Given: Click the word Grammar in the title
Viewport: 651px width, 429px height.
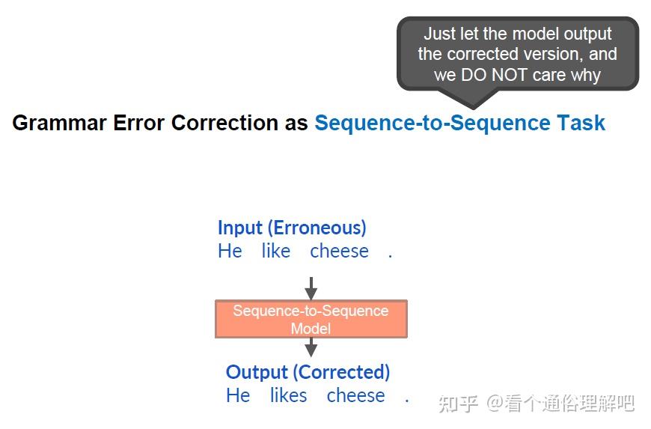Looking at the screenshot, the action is pyautogui.click(x=59, y=124).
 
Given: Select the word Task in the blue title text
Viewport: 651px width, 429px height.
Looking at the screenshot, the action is pyautogui.click(x=581, y=123).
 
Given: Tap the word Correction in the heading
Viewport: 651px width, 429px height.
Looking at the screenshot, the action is pyautogui.click(x=224, y=123).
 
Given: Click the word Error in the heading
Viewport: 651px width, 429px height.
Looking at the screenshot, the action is pyautogui.click(x=139, y=123).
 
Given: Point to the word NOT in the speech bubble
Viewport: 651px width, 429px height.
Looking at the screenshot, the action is pyautogui.click(x=510, y=75).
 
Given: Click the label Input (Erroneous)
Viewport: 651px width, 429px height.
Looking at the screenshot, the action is pyautogui.click(x=292, y=228).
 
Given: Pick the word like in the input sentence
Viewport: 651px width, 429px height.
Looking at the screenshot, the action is pyautogui.click(x=275, y=251).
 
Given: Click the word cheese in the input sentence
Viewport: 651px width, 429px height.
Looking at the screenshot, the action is pyautogui.click(x=339, y=252).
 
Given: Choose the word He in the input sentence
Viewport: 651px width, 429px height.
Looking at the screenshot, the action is pyautogui.click(x=230, y=251).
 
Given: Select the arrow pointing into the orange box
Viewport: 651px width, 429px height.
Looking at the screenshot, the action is pyautogui.click(x=311, y=288).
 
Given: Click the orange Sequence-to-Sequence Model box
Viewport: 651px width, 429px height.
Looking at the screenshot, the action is pyautogui.click(x=311, y=319).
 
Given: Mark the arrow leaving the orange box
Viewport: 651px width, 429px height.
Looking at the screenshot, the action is pyautogui.click(x=311, y=347).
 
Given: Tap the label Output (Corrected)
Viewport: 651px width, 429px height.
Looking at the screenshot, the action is pyautogui.click(x=308, y=373).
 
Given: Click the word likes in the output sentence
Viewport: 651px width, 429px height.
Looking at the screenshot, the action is pyautogui.click(x=289, y=395).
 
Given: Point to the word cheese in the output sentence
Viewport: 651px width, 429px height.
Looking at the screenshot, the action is pyautogui.click(x=356, y=396).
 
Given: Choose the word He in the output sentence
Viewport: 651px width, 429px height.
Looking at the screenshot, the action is pyautogui.click(x=238, y=395).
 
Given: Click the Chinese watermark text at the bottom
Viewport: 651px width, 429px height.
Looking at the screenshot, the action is pyautogui.click(x=537, y=404).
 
